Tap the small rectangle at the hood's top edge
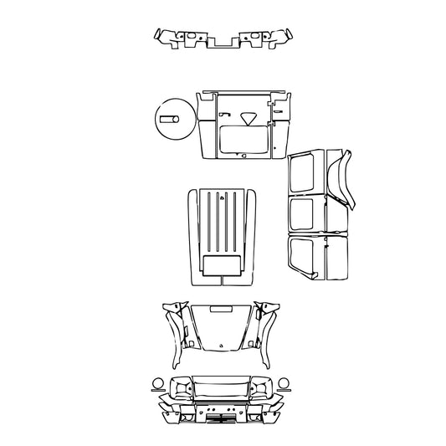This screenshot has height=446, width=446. coord(222,310)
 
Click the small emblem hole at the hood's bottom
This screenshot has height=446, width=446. coord(222,344)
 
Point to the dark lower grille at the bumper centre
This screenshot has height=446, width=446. coord(222,413)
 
